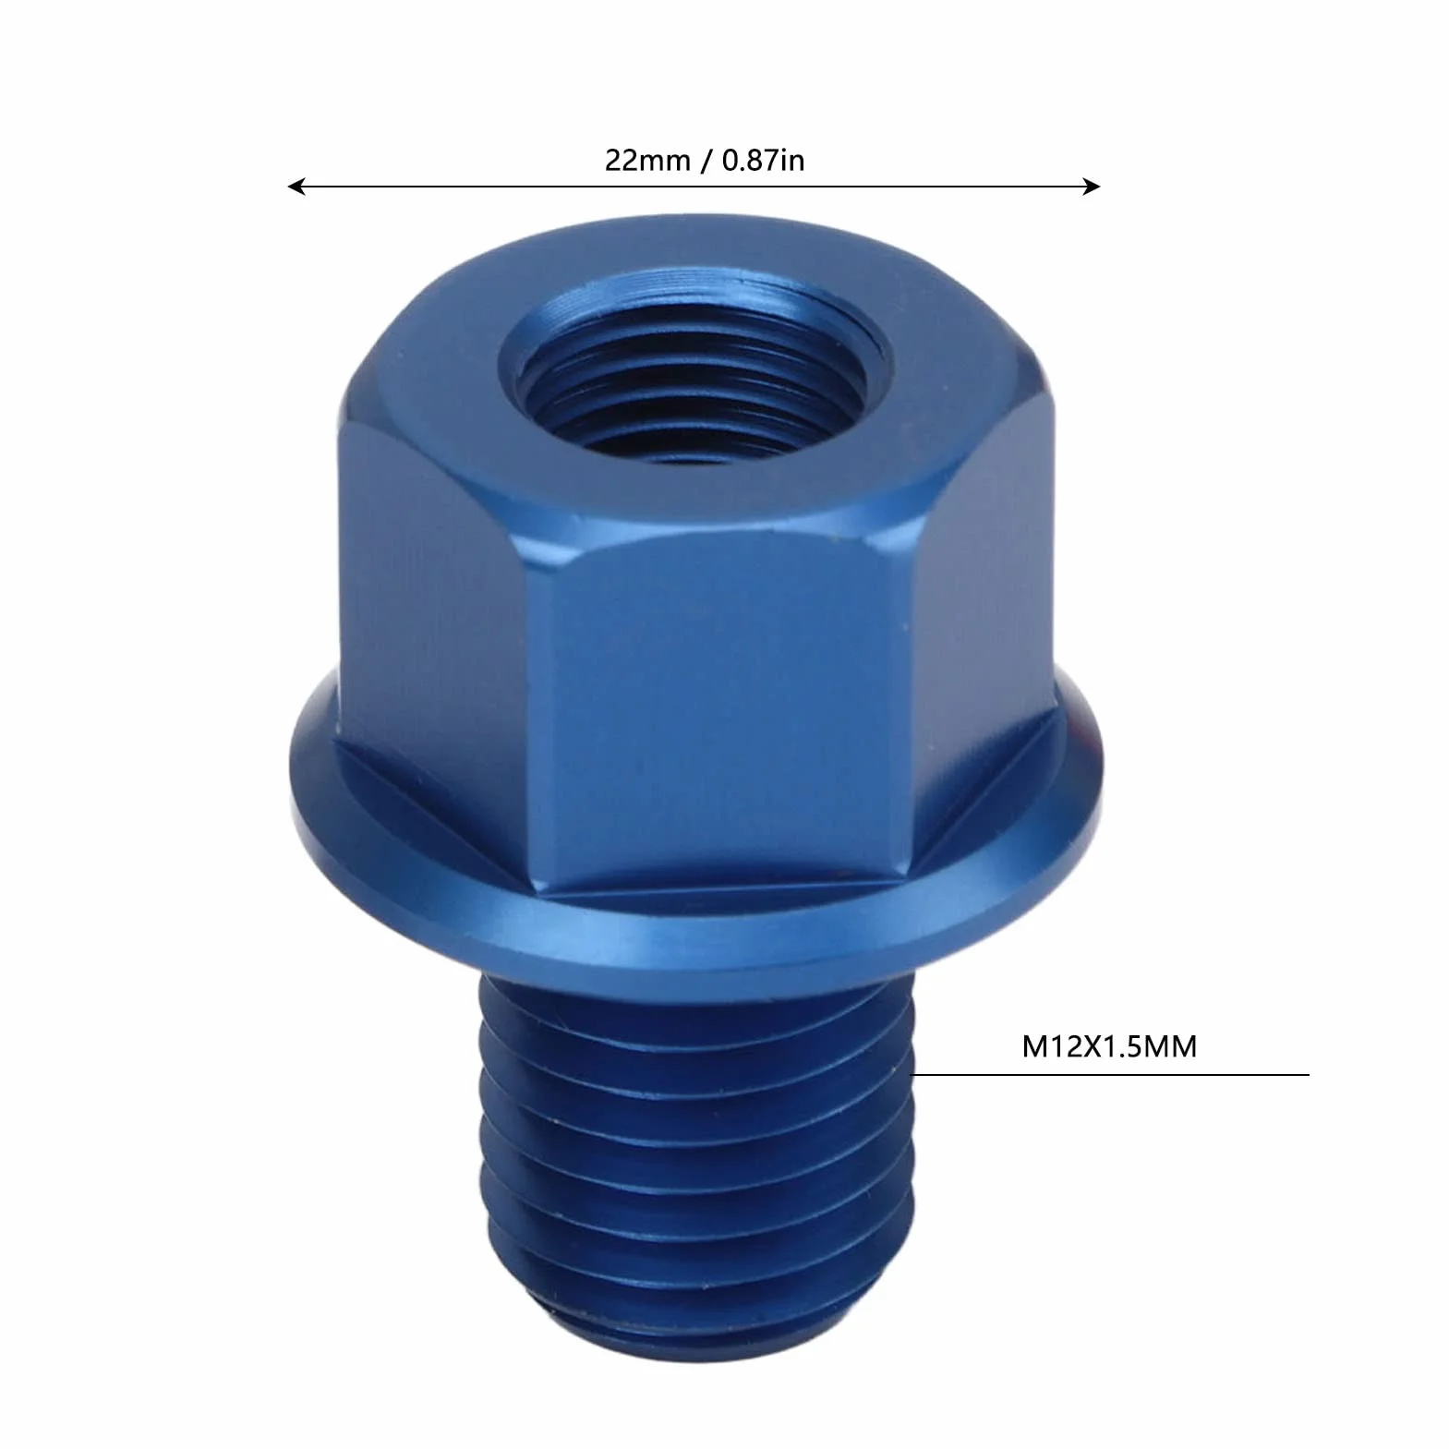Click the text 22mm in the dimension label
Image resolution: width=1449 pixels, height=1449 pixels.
(x=647, y=160)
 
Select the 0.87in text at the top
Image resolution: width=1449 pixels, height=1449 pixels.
(x=763, y=160)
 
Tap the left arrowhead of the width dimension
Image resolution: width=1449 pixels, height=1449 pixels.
(x=296, y=187)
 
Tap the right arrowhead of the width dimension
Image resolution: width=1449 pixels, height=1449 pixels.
(x=1092, y=187)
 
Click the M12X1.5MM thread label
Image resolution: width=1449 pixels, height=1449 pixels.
(x=1109, y=1046)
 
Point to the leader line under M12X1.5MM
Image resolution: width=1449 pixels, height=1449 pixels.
(x=1111, y=1074)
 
